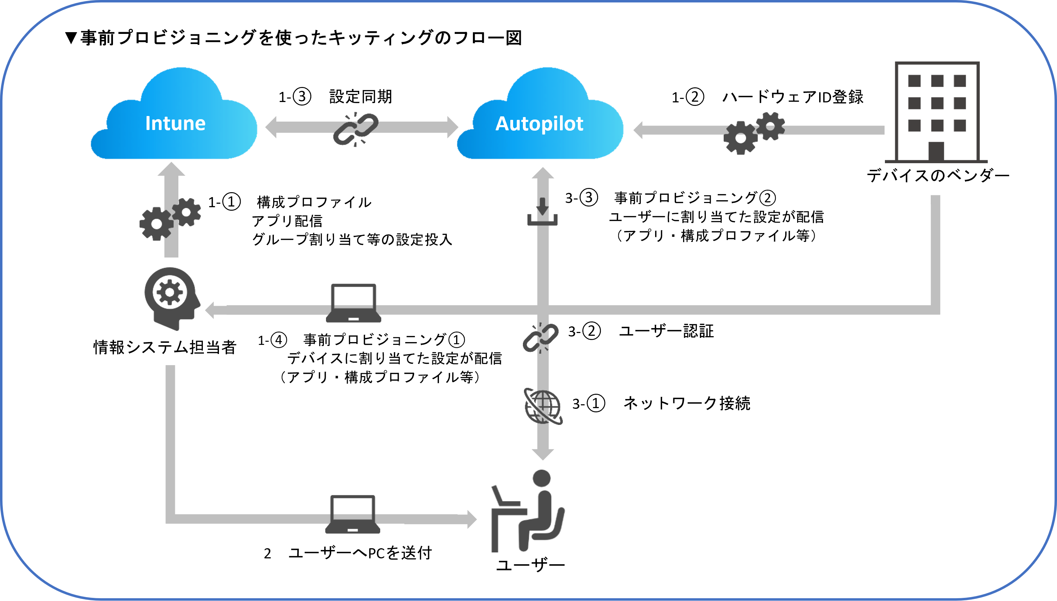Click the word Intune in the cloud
[175, 123]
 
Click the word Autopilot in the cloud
[539, 123]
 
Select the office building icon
[936, 112]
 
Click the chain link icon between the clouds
[356, 129]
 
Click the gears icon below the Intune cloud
[170, 219]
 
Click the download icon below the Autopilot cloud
[542, 212]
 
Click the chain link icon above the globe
[541, 338]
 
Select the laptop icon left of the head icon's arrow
[354, 303]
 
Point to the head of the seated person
[541, 479]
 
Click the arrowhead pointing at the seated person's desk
[472, 519]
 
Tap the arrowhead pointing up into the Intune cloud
[171, 169]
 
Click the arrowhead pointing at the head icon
[210, 310]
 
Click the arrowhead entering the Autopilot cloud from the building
[638, 130]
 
